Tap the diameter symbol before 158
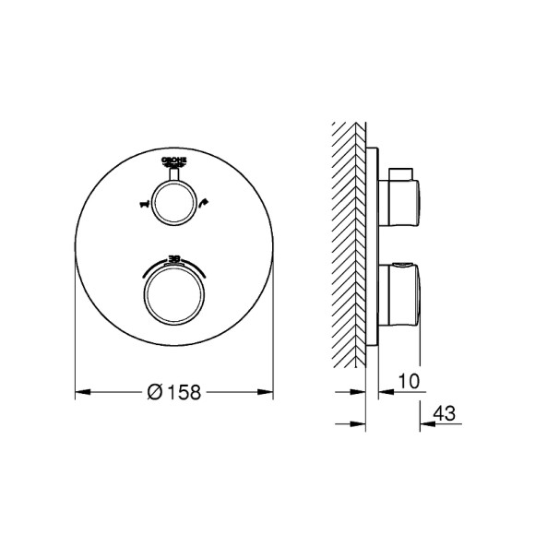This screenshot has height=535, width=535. pyautogui.click(x=155, y=391)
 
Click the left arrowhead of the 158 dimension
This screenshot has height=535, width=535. pyautogui.click(x=80, y=391)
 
